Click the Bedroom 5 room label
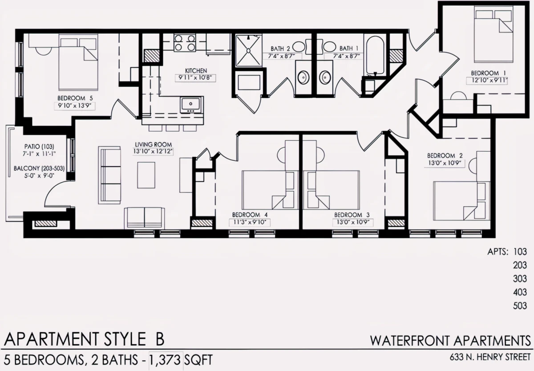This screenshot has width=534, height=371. pyautogui.click(x=75, y=98)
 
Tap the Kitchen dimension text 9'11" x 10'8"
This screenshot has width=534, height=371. pyautogui.click(x=195, y=78)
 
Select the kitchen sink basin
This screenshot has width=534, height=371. pyautogui.click(x=190, y=104)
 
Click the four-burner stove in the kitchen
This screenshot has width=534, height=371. pyautogui.click(x=185, y=43)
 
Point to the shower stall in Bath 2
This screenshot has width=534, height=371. pyautogui.click(x=248, y=51)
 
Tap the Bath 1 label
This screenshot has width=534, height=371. pyautogui.click(x=349, y=49)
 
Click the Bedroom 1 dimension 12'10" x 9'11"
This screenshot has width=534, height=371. pyautogui.click(x=486, y=81)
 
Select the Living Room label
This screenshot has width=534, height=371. pyautogui.click(x=153, y=145)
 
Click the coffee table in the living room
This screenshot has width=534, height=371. pyautogui.click(x=146, y=175)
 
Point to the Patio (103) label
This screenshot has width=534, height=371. pyautogui.click(x=39, y=146)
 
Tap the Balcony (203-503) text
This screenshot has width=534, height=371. pyautogui.click(x=39, y=168)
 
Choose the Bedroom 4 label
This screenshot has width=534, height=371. pyautogui.click(x=250, y=215)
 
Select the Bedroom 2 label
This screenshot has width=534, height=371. pyautogui.click(x=445, y=155)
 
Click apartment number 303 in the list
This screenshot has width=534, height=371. pyautogui.click(x=520, y=278)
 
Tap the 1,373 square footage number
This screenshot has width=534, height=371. pyautogui.click(x=165, y=360)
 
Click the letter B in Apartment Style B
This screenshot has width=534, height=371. pyautogui.click(x=160, y=339)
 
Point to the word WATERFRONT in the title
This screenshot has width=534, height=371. pyautogui.click(x=410, y=341)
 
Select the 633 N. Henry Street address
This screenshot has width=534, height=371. pyautogui.click(x=490, y=357)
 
